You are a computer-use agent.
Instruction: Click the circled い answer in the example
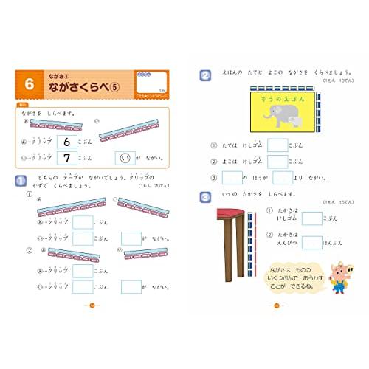coord(125,157)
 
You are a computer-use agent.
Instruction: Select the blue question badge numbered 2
coord(205,75)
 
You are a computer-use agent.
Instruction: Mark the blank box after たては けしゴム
coord(277,146)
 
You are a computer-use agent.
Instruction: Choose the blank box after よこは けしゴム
coord(277,162)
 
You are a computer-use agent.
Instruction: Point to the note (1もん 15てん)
coord(337,202)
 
